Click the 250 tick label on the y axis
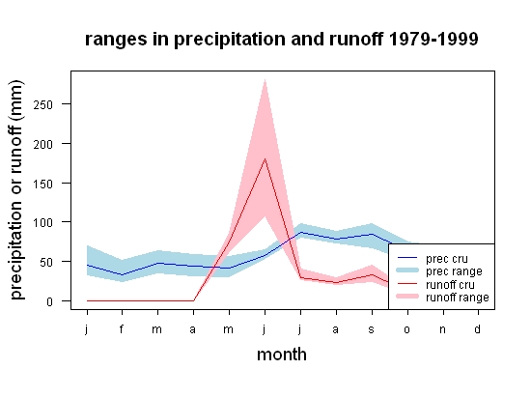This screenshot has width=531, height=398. coord(43,104)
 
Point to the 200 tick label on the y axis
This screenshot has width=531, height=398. coord(43,144)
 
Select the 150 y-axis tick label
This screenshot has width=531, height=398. coord(43,184)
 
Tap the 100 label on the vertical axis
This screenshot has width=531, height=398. coord(43,223)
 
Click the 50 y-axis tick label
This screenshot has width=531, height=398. coord(46,262)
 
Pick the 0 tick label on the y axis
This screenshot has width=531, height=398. coord(50,301)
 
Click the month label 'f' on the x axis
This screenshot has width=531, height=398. coord(122,328)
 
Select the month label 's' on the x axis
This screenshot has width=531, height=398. coord(371,329)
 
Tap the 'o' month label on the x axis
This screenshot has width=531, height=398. coord(407,329)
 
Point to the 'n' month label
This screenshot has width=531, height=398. coord(442,329)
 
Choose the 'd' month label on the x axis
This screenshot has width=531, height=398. coord(477,328)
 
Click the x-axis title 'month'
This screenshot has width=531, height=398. coord(282,355)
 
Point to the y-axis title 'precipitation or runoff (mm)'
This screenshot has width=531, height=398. coord(16,190)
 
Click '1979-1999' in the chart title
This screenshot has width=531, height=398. coord(433,39)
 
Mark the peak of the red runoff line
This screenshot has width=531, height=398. coord(265,158)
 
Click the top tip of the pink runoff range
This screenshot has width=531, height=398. coord(265,79)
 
